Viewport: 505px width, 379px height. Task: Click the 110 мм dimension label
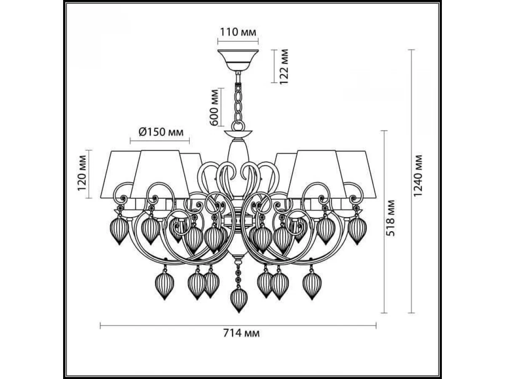click(x=238, y=32)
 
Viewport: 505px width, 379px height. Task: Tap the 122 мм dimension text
click(x=284, y=67)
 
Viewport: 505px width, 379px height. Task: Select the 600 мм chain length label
click(x=214, y=107)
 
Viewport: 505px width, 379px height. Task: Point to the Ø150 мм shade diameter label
click(x=161, y=132)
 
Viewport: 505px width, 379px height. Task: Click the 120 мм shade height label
click(x=82, y=173)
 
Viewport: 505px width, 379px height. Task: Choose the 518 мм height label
click(x=391, y=218)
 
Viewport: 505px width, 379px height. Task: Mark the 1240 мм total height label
click(x=418, y=176)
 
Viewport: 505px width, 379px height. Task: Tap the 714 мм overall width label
click(x=241, y=333)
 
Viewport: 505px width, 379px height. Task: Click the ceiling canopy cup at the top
click(x=238, y=60)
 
